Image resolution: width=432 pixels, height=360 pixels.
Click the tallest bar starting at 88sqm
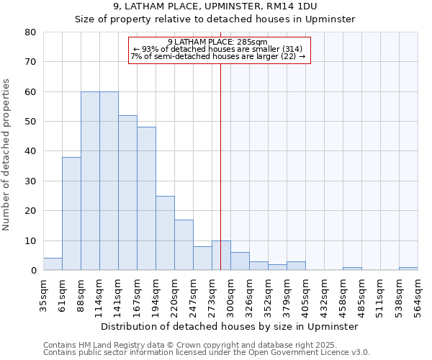point(90,181)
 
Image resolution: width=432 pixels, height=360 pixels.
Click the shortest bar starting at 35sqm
point(53,264)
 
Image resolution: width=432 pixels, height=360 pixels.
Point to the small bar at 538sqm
point(408,269)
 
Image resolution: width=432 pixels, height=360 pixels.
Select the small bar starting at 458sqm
point(352,269)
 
